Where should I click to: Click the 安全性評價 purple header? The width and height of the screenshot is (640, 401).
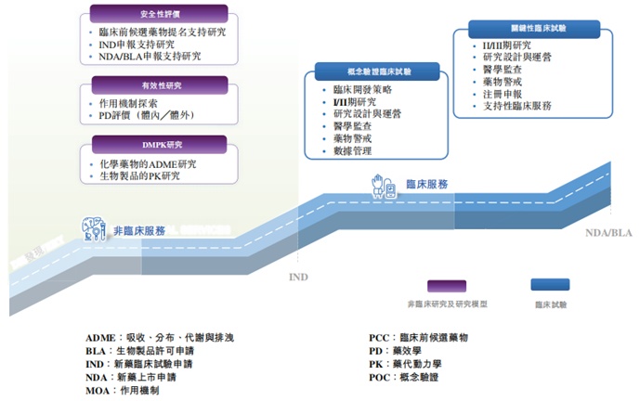tap(159, 14)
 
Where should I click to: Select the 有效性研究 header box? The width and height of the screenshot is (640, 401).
tap(159, 84)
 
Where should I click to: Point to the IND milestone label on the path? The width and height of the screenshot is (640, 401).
tap(297, 277)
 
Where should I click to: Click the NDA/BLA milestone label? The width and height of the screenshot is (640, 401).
tap(607, 234)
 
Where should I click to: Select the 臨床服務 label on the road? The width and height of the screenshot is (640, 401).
tap(427, 184)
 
